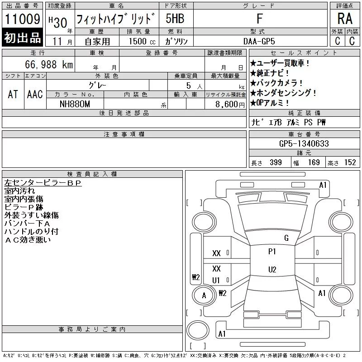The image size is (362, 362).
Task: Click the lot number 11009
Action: pos(22,19)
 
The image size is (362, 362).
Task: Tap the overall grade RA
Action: pos(345,19)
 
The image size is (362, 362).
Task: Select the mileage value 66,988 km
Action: pos(49,64)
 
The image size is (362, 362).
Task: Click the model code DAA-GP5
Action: pos(259,41)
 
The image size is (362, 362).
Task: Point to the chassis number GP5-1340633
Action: pos(304,143)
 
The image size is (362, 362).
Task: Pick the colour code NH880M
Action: pos(75,104)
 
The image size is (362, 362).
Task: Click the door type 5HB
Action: pos(175,19)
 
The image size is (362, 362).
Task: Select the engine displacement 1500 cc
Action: pos(142,41)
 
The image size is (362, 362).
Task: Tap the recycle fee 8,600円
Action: pos(230,105)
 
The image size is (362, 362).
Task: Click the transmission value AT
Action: pos(13,94)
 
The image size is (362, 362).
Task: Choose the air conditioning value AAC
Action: pos(35,94)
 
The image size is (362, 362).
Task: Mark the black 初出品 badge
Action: pos(22,37)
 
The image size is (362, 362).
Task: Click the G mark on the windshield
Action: pos(286,238)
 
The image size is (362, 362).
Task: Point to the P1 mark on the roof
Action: pos(272,252)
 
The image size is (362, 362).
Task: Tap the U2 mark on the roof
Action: pos(272,269)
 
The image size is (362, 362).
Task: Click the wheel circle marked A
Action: pos(204,295)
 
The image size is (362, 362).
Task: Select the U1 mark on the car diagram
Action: pos(216,280)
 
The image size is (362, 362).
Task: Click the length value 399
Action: pos(276,162)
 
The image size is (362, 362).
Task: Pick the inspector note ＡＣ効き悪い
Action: pos(28,240)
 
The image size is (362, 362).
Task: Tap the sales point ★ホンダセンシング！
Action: pos(283,93)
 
